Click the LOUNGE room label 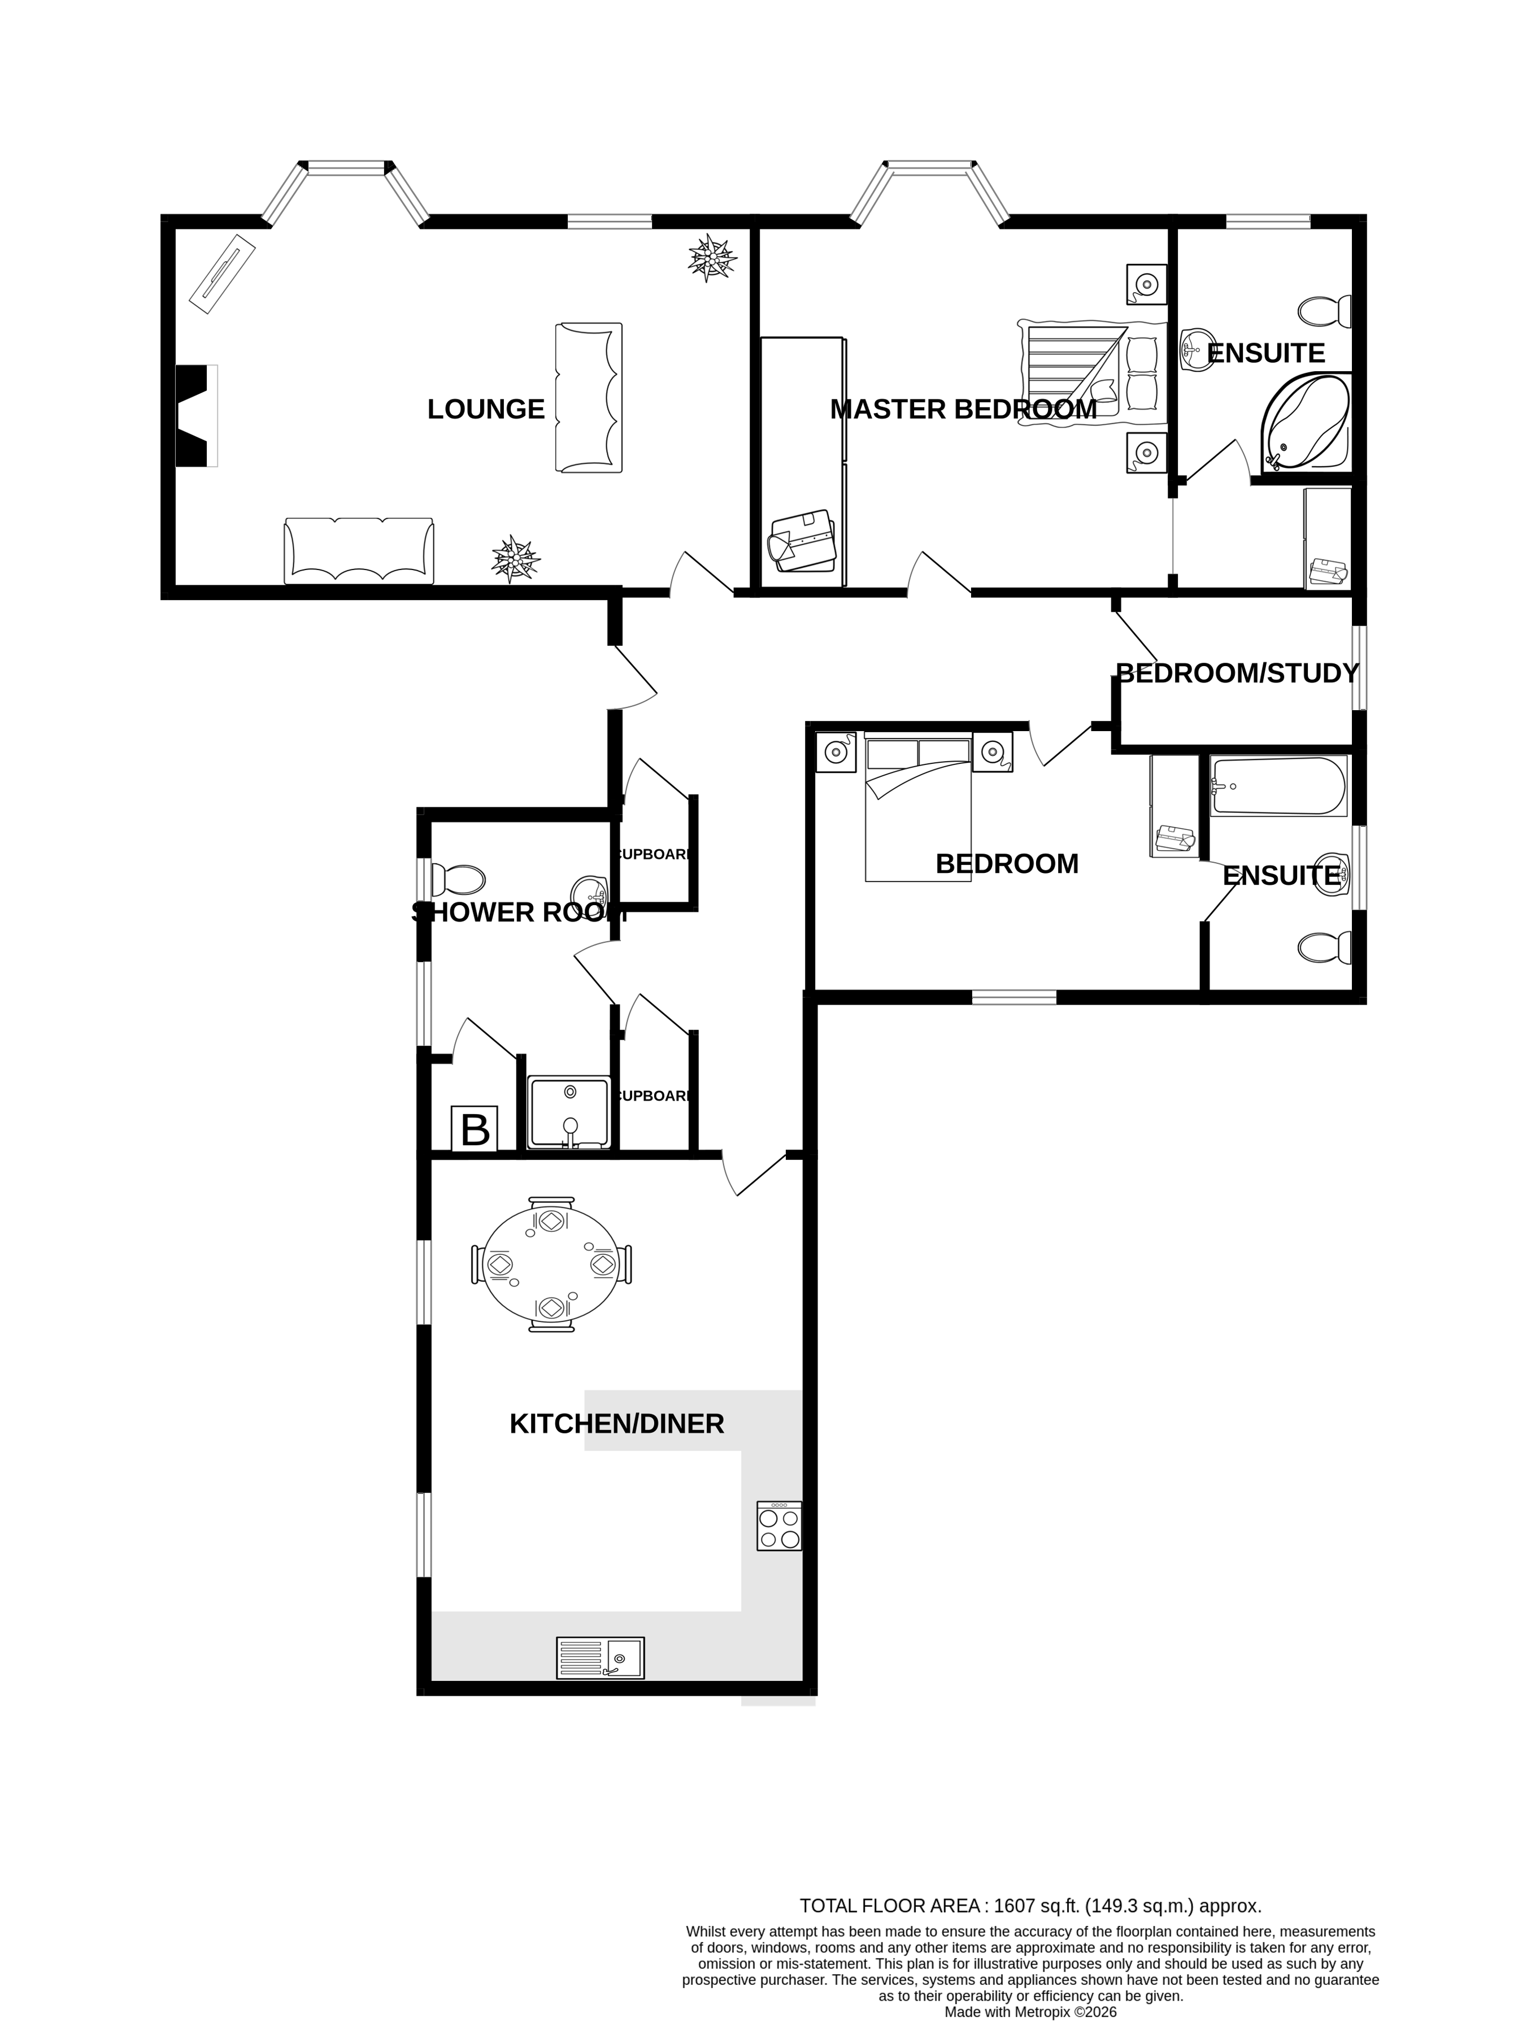[486, 409]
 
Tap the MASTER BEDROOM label [963, 409]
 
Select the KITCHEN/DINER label [616, 1423]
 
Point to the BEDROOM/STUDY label [1238, 673]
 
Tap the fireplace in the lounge [195, 416]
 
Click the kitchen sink [600, 1658]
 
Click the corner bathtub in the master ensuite [1306, 424]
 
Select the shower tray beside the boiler [569, 1112]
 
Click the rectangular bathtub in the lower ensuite [1278, 786]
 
